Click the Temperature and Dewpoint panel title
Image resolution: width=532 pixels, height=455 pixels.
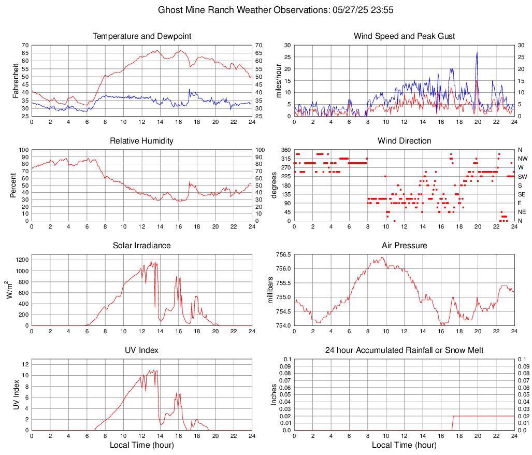(x=142, y=36)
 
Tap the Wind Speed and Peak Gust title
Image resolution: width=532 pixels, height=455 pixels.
(x=404, y=36)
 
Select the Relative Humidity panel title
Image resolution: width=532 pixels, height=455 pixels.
(x=142, y=141)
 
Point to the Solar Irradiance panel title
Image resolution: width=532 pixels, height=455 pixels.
(x=142, y=246)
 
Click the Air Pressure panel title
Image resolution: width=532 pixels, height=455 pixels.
(x=404, y=246)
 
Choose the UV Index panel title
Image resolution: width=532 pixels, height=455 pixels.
(x=142, y=350)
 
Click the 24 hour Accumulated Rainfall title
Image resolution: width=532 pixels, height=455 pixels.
(x=404, y=350)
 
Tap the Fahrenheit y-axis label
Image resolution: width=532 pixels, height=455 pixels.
(x=15, y=81)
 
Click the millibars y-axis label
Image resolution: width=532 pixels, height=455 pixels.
(x=270, y=290)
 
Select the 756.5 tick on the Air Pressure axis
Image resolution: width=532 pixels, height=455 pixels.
(x=282, y=254)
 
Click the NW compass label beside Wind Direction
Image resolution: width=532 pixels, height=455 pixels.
(x=522, y=159)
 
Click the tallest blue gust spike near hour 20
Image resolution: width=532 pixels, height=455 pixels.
(x=477, y=52)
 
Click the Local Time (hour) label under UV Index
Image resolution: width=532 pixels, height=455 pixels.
(x=142, y=445)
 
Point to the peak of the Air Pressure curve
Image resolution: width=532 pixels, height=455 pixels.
(x=383, y=257)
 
